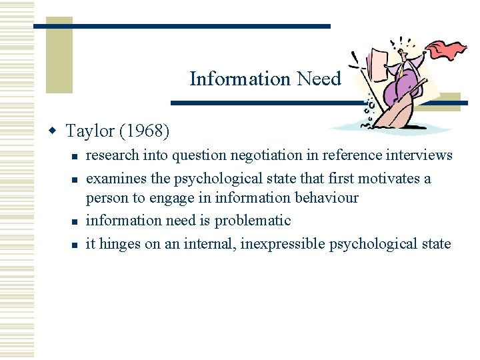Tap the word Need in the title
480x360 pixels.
tap(319, 79)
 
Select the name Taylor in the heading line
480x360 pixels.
tap(90, 131)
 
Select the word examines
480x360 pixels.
tap(115, 179)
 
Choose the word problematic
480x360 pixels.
tap(253, 220)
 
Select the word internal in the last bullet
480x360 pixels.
tap(209, 243)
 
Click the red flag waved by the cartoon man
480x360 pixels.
tap(446, 50)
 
